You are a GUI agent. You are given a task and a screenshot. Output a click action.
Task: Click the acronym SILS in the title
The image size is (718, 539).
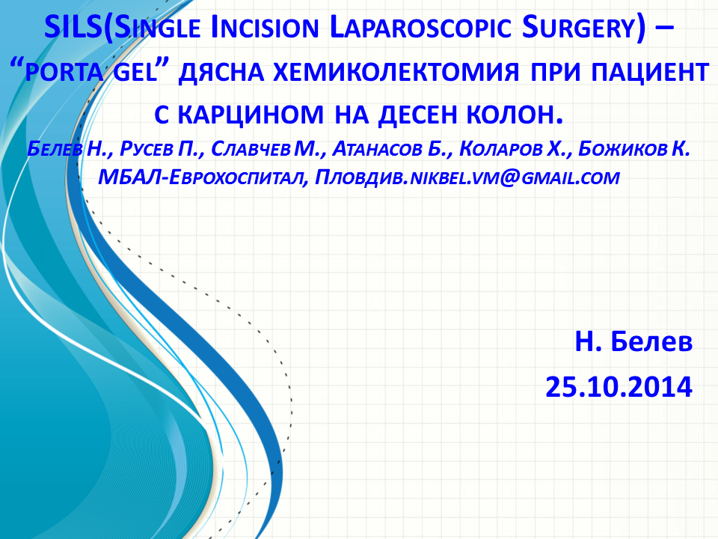[x=73, y=27]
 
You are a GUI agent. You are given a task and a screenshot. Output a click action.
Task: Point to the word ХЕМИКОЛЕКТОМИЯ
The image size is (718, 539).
[x=396, y=72]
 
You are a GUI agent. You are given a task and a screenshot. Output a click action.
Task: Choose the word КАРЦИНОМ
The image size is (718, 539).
[x=251, y=115]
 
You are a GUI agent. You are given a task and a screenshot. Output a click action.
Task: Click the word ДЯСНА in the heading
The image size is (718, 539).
[x=221, y=72]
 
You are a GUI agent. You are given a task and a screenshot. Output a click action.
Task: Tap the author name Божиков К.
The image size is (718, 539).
[x=634, y=148]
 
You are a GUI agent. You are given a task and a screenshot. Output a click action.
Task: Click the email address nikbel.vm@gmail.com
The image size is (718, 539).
[x=515, y=177]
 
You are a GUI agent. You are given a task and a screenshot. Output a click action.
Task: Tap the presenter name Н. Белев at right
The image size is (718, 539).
[x=633, y=342]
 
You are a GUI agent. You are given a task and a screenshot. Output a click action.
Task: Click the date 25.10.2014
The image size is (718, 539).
[x=619, y=387]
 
